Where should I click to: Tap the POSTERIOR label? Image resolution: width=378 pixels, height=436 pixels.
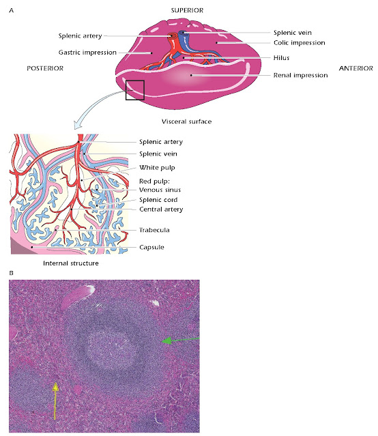click(45, 68)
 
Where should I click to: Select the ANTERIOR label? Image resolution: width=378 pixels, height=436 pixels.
click(355, 68)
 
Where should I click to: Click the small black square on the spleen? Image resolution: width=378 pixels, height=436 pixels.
click(134, 90)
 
